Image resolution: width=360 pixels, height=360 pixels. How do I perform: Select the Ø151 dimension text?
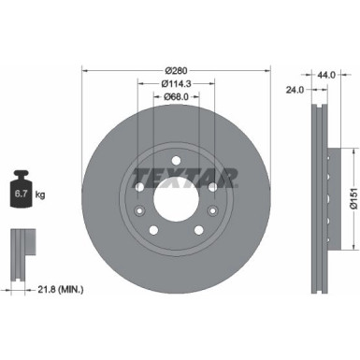pyautogui.click(x=352, y=192)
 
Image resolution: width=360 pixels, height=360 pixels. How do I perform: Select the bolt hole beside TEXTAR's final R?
pyautogui.click(x=212, y=187)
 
